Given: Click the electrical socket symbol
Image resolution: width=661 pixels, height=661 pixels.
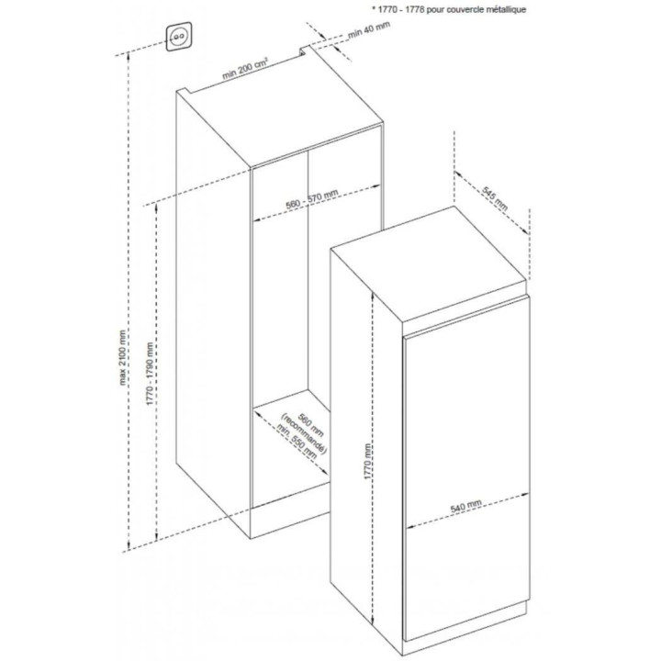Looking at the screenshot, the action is click(178, 37).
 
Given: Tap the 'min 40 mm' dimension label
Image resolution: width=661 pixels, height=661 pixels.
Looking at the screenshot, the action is click(369, 29).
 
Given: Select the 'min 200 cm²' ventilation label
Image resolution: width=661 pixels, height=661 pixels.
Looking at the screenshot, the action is click(245, 69).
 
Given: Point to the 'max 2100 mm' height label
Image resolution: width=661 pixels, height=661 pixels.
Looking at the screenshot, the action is click(123, 357).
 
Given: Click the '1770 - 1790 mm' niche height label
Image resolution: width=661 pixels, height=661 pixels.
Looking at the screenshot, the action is click(150, 374).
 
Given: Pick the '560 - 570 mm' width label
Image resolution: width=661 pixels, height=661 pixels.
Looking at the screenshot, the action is click(312, 199).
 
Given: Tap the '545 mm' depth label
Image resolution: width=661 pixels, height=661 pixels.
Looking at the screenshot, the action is click(496, 199).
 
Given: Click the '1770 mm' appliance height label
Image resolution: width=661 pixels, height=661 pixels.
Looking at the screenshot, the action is click(368, 462).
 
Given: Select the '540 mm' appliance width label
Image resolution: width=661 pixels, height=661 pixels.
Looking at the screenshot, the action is click(465, 506).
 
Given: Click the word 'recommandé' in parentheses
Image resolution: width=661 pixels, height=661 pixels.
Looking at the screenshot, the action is click(304, 434).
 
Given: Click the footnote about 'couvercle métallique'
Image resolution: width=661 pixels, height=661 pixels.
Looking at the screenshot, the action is click(449, 9).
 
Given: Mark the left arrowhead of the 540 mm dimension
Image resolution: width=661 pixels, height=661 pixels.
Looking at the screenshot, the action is click(409, 527).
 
